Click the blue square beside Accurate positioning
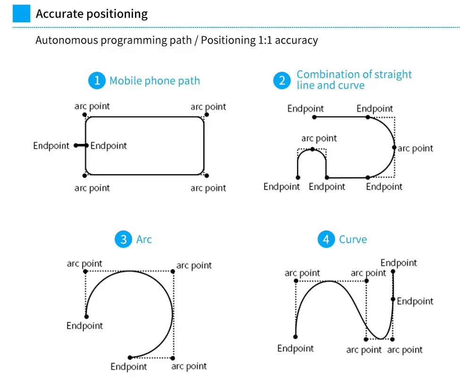21,14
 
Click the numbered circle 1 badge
97,81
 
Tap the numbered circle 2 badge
282,81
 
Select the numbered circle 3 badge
123,239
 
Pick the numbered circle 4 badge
326,239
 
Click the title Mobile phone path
154,81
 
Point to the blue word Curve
353,239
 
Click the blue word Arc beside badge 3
144,239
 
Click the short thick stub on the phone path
81,145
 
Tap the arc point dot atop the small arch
312,149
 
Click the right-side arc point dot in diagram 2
394,148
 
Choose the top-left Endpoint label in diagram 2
305,109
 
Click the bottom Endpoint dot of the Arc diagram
130,357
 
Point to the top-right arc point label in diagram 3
194,265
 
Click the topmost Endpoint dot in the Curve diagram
393,271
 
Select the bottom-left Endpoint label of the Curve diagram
295,348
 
